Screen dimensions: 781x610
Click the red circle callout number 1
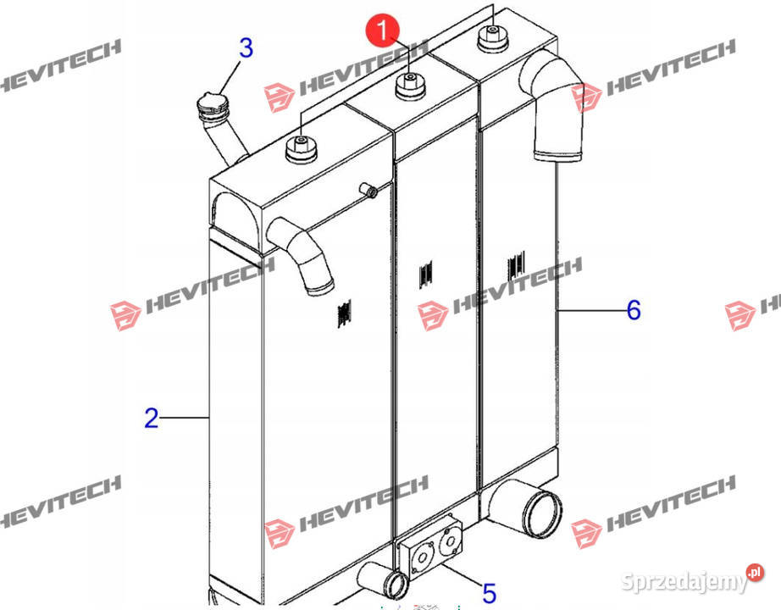point(383,30)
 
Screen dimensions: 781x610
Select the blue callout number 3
point(246,47)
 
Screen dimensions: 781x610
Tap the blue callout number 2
point(152,419)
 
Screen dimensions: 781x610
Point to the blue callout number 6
point(634,310)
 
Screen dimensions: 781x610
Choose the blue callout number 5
point(490,594)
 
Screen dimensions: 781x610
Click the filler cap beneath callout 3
point(213,106)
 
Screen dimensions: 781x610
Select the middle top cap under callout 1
point(410,86)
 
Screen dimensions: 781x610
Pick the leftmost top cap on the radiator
point(302,149)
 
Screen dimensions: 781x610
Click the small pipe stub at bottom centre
point(384,580)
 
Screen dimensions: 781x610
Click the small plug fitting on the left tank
point(368,190)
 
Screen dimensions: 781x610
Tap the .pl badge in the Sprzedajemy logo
point(755,572)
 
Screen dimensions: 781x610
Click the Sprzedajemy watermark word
point(685,581)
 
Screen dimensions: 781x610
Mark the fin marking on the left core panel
point(344,313)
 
